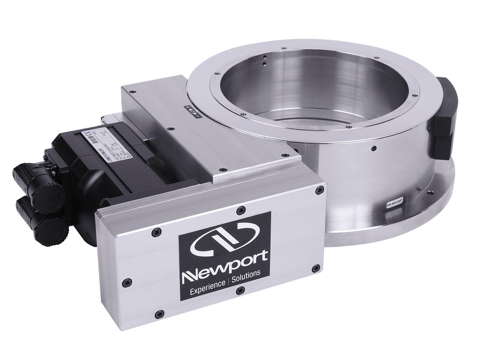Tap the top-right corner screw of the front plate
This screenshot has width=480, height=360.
pos(320,190)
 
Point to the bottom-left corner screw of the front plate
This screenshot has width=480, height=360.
pos(158,314)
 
